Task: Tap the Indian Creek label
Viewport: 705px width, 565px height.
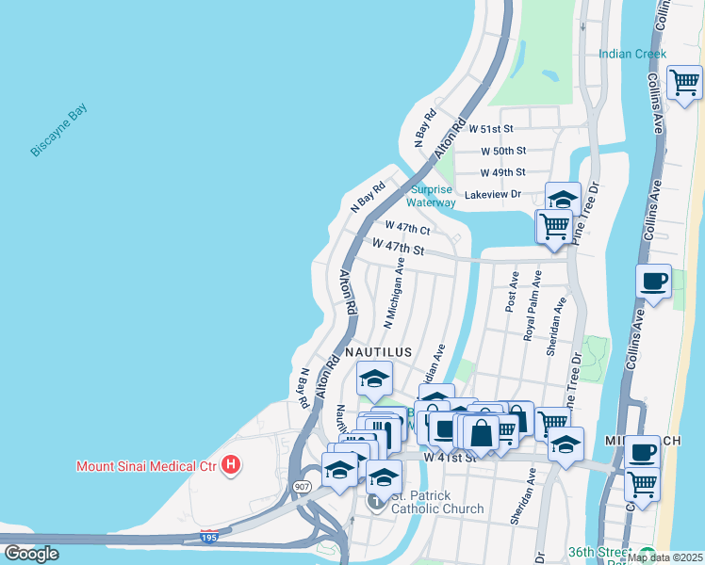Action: [632, 54]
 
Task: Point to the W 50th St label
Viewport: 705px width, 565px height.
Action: [502, 151]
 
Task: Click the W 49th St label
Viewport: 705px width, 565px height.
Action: [502, 172]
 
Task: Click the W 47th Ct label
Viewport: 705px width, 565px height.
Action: [407, 228]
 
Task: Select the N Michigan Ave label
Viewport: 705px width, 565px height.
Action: [394, 292]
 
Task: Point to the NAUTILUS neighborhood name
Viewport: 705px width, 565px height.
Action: [378, 351]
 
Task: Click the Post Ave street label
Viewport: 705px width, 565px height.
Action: [513, 292]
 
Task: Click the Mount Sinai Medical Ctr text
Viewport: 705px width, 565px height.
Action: [147, 465]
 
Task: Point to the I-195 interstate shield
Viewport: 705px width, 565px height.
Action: [211, 537]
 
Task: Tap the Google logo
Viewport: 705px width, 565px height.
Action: [31, 553]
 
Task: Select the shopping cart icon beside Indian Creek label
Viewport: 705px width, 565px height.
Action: [684, 82]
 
